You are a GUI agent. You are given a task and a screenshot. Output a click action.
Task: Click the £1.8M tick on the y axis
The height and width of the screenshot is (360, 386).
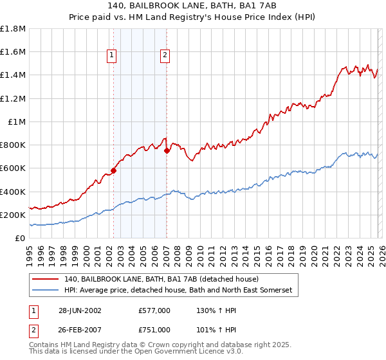click(12, 29)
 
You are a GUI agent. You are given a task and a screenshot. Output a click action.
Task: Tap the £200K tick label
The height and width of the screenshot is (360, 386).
click(13, 215)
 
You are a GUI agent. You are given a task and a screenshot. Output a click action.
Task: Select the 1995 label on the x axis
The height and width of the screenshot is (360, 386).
click(30, 251)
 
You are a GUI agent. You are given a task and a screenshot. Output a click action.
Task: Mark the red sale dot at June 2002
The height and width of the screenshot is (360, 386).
click(114, 170)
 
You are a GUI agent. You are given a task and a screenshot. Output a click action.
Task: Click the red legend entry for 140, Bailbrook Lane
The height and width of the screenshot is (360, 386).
click(161, 279)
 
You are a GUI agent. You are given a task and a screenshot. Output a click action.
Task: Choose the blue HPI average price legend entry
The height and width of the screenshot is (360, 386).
click(178, 291)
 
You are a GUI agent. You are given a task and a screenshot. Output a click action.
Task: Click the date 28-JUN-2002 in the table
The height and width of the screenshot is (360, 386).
click(80, 310)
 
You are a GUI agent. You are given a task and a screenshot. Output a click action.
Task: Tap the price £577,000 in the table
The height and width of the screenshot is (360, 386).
click(154, 310)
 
